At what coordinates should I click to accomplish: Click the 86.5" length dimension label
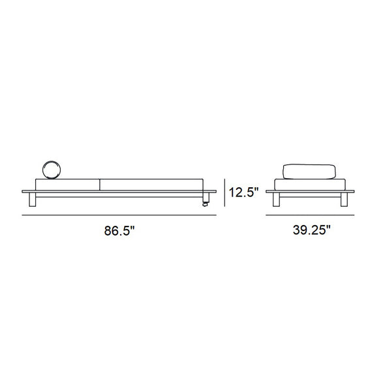(x=119, y=231)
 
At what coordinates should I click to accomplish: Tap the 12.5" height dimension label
(x=244, y=192)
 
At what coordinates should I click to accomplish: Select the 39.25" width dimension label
(x=312, y=230)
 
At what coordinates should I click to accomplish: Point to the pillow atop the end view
(x=309, y=172)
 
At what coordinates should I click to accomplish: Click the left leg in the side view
(x=33, y=200)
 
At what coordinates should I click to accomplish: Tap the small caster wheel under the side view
(x=205, y=204)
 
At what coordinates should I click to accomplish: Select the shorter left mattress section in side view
(x=67, y=185)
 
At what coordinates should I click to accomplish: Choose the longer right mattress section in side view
(x=151, y=185)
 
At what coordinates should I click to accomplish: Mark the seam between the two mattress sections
(x=100, y=185)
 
